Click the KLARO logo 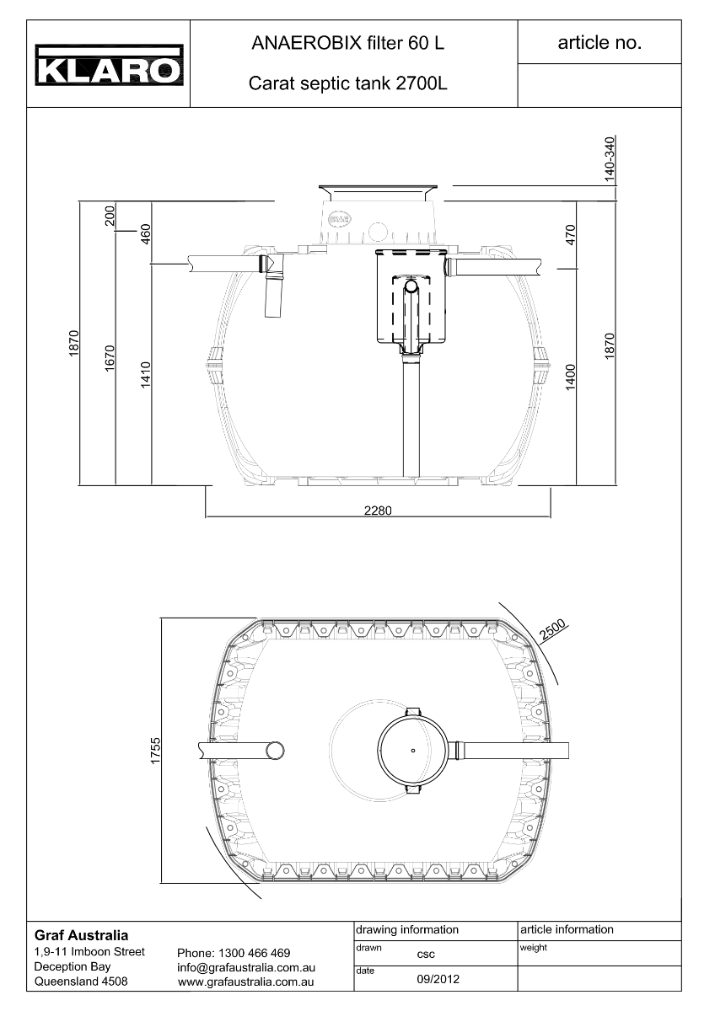tap(110, 65)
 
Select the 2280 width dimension tap(378, 511)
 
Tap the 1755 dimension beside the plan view tap(155, 751)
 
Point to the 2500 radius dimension tap(552, 629)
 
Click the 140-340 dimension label tap(610, 159)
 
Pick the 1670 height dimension tap(110, 358)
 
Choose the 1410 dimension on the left tap(145, 375)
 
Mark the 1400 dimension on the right tap(571, 377)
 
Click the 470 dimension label tap(571, 235)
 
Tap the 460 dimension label tap(145, 234)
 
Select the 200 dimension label tap(110, 216)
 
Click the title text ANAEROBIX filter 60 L tap(347, 43)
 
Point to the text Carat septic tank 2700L tap(347, 83)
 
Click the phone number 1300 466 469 tap(255, 953)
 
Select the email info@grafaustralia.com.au tap(246, 967)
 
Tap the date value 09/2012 tap(438, 979)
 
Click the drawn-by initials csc tap(426, 954)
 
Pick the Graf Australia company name tap(81, 934)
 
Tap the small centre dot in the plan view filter tap(413, 751)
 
